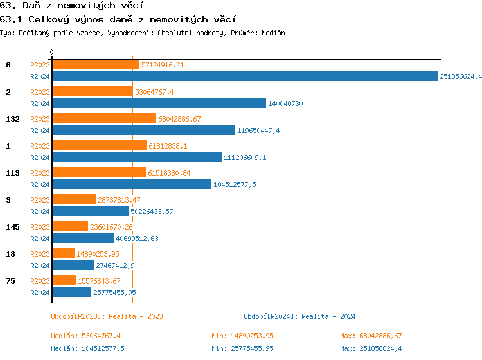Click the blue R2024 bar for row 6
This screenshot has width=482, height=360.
(244, 76)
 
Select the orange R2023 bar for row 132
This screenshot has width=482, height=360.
(104, 118)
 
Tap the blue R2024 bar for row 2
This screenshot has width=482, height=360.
(159, 103)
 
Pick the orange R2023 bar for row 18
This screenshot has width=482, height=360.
(64, 253)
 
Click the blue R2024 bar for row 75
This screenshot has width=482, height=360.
(72, 292)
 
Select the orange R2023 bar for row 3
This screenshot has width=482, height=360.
(74, 199)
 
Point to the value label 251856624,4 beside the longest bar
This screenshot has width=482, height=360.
(460, 76)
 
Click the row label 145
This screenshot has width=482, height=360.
(13, 227)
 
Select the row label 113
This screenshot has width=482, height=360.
(13, 173)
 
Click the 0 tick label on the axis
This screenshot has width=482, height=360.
(52, 52)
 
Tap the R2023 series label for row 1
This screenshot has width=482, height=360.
(40, 146)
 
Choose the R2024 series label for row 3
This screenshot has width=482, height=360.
(40, 212)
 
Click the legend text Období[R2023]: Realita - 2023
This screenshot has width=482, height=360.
(107, 316)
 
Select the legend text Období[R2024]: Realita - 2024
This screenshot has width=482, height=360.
(299, 316)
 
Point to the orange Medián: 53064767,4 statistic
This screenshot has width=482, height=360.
(85, 336)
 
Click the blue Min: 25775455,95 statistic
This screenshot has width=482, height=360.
(242, 348)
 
